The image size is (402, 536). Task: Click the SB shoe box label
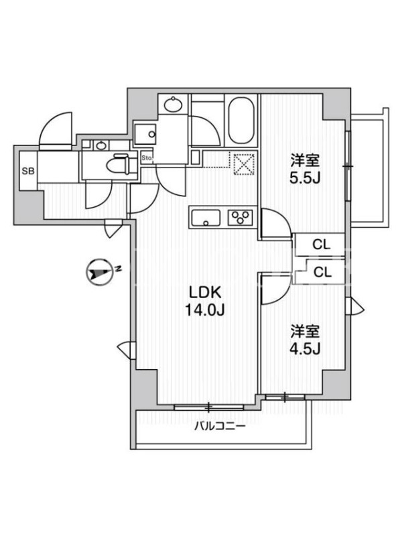28,171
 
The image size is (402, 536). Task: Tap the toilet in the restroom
117,165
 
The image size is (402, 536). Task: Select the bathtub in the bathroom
241,121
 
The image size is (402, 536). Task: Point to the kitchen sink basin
206,218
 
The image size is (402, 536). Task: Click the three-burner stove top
241,217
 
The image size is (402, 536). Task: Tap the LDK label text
206,293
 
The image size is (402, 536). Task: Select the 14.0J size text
205,310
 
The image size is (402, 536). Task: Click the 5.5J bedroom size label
305,178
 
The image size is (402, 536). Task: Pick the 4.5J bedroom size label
305,348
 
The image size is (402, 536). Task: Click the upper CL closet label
322,244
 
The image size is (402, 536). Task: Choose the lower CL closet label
322,272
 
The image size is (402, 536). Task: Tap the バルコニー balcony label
220,427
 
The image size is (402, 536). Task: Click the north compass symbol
99,273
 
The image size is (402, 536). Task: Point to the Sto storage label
147,158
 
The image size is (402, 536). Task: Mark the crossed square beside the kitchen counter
244,164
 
